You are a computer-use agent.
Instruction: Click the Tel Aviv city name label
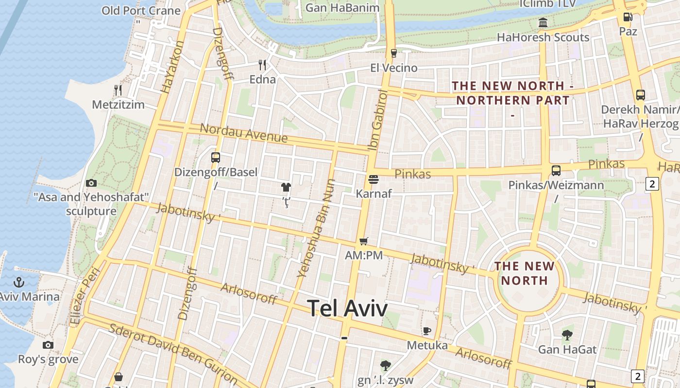click(347, 308)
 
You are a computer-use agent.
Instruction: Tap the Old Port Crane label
click(141, 11)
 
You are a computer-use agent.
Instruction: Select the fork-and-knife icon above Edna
click(262, 65)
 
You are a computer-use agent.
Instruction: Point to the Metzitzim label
click(119, 105)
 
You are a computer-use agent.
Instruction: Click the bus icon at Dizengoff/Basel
click(216, 158)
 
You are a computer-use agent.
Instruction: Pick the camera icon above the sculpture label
click(91, 183)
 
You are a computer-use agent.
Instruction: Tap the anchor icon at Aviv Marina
click(19, 282)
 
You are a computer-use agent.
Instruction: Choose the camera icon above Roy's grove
click(48, 345)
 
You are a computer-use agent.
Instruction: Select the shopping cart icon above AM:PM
click(364, 241)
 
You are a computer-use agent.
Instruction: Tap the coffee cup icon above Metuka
click(426, 331)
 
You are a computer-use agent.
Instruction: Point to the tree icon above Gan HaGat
click(567, 335)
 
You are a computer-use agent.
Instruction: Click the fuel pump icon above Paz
click(628, 17)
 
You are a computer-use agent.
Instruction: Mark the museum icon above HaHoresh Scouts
click(543, 23)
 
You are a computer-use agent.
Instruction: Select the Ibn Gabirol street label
click(379, 119)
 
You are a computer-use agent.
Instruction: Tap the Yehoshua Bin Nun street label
click(316, 228)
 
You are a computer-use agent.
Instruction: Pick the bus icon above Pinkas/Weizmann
click(556, 171)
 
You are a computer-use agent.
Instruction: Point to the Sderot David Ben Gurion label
click(172, 353)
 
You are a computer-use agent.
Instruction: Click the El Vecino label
click(393, 67)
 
